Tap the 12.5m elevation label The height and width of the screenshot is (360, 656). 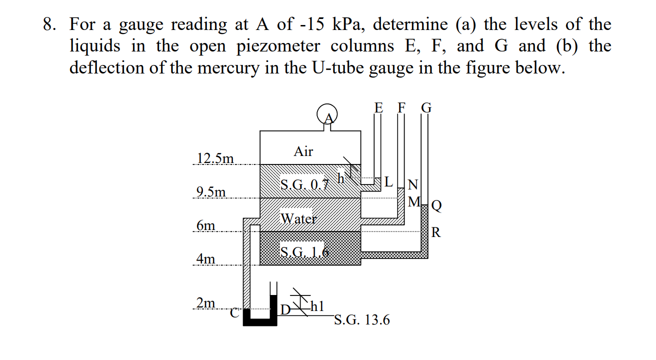(215, 158)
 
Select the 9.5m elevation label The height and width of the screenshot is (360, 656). (211, 192)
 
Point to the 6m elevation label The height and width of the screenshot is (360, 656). (205, 225)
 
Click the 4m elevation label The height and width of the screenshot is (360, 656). (205, 259)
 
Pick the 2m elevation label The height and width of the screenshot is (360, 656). (205, 303)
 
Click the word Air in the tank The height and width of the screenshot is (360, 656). (303, 151)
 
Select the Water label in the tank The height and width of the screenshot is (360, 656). (298, 218)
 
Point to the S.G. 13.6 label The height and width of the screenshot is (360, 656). (361, 320)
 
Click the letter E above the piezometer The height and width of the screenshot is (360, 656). (378, 107)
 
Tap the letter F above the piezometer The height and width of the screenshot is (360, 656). (401, 107)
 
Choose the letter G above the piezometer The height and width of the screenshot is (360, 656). (426, 107)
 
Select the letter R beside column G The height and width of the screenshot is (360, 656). (436, 232)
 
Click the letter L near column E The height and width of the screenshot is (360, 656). (388, 182)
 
